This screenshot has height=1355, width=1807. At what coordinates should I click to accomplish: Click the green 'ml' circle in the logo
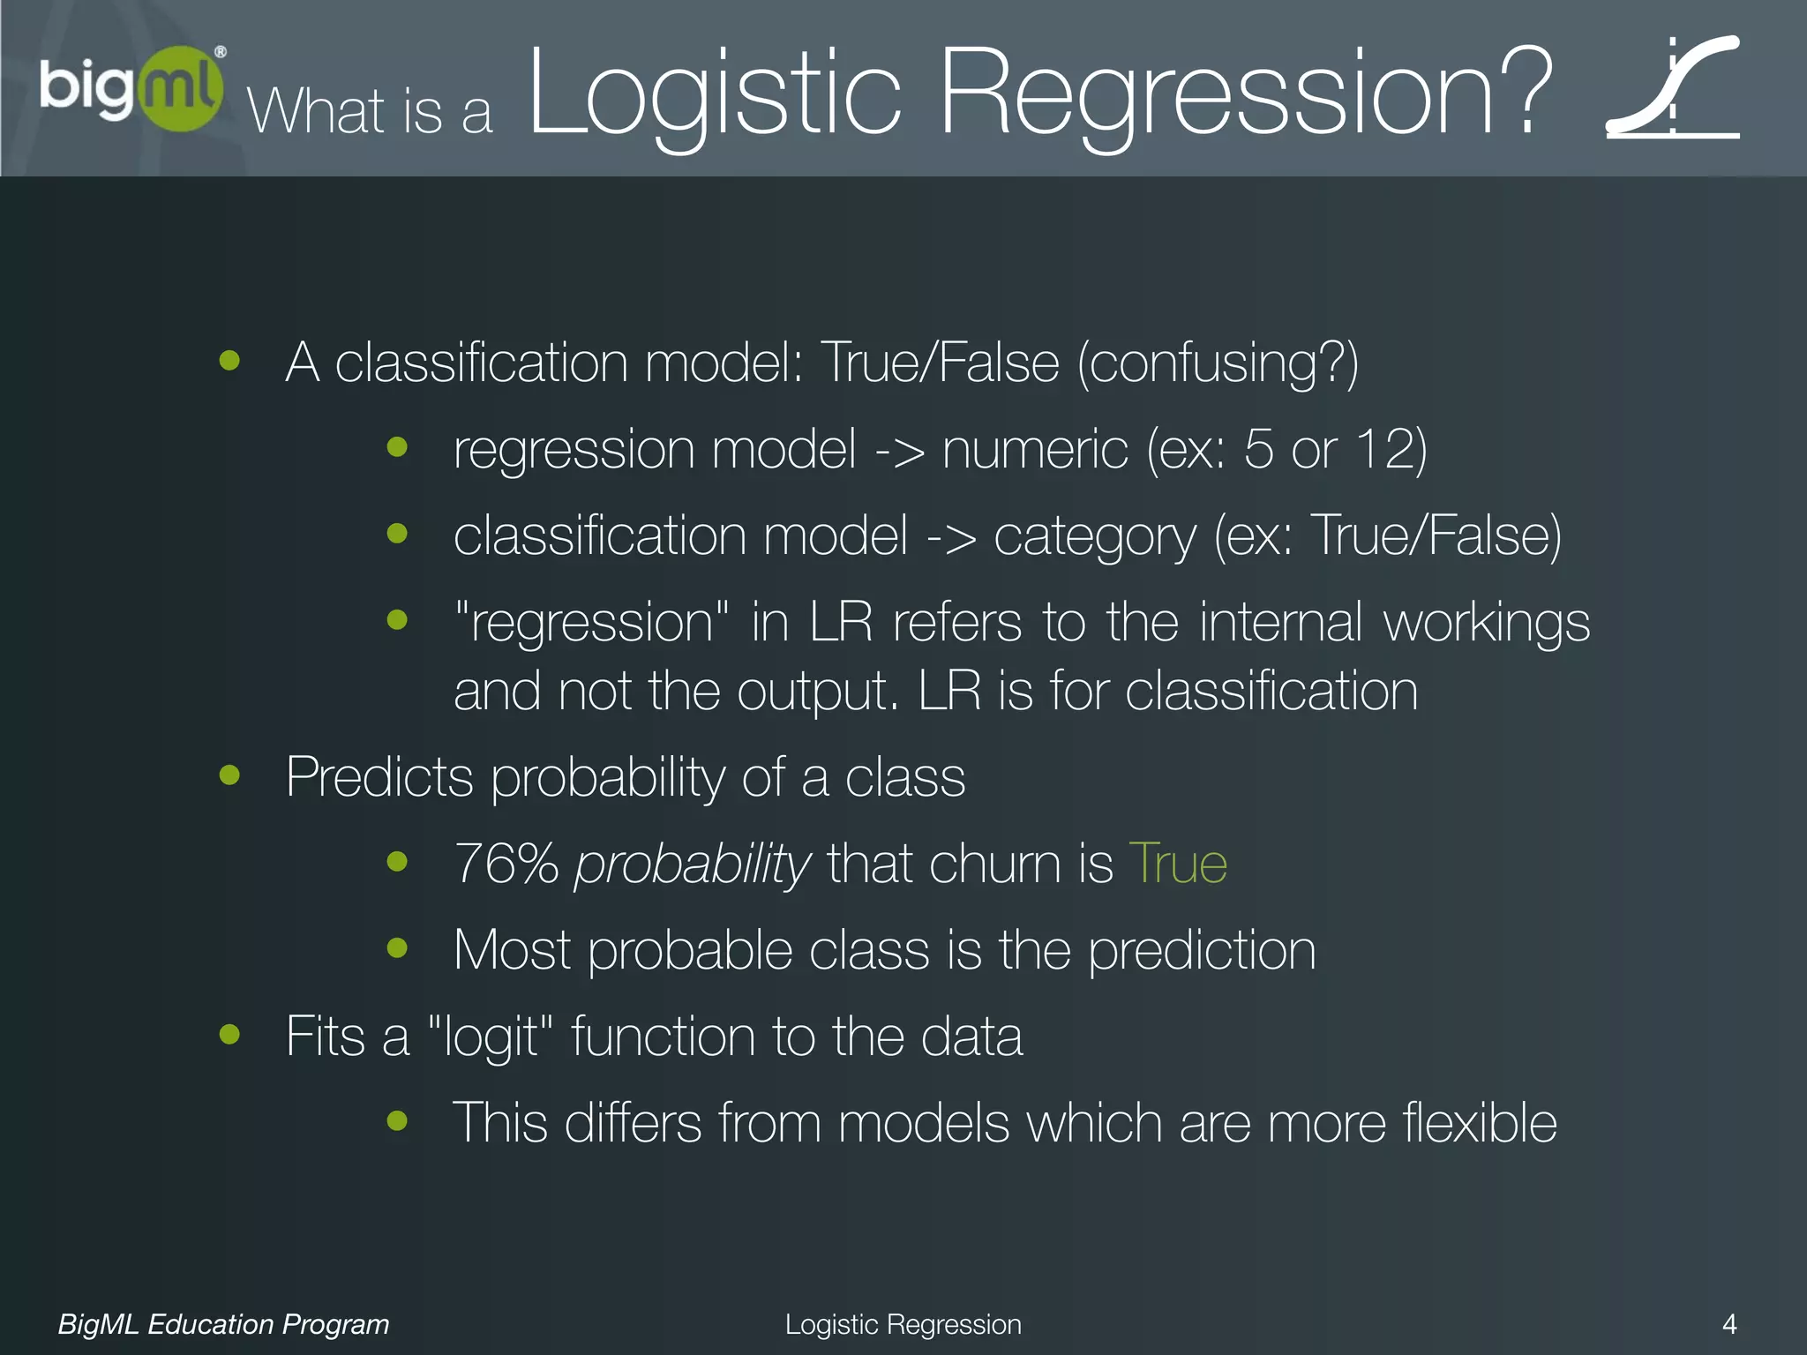[x=181, y=88]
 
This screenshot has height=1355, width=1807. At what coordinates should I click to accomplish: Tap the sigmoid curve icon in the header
[x=1672, y=88]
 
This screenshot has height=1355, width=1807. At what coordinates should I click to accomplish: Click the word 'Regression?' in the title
[x=1244, y=93]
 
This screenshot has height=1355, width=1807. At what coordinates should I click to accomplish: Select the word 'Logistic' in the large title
[x=715, y=93]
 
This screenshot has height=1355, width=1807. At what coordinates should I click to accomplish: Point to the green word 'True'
[x=1178, y=864]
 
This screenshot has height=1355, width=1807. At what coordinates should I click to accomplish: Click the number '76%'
[x=506, y=864]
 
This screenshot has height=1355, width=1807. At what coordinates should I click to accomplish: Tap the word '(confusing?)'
[x=1218, y=363]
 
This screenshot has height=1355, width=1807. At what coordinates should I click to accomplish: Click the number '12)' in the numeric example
[x=1391, y=450]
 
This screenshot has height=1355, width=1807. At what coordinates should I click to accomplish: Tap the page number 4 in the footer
[x=1729, y=1323]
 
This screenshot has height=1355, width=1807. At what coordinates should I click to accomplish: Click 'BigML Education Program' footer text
[x=223, y=1324]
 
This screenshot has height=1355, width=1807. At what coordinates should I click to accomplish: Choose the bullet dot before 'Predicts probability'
[x=229, y=775]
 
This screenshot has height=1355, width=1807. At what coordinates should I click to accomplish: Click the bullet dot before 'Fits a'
[x=229, y=1034]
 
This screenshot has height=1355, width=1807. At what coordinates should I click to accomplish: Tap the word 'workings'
[x=1487, y=623]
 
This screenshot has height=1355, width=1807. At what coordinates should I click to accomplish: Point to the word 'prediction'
[x=1202, y=951]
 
